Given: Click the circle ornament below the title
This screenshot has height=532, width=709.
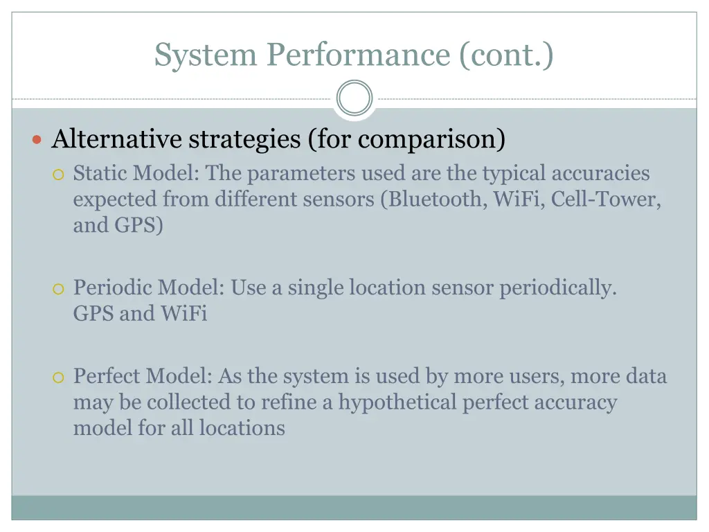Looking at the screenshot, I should tap(354, 99).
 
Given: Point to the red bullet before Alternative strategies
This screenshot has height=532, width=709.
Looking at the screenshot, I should tap(38, 140).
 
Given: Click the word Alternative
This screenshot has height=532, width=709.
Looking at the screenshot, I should tap(117, 139).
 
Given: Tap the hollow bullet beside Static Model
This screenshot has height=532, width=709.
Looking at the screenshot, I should tap(59, 174).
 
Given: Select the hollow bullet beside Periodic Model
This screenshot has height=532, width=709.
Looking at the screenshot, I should tap(59, 288).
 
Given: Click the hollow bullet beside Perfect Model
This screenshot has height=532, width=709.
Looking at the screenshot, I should tap(59, 378).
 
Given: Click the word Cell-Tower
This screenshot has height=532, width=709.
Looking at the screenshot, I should tap(606, 199).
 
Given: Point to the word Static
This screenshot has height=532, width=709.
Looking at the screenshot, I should tap(101, 172).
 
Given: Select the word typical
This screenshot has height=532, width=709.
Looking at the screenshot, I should tap(510, 172).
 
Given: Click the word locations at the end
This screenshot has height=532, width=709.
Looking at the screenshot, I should tap(242, 427).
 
